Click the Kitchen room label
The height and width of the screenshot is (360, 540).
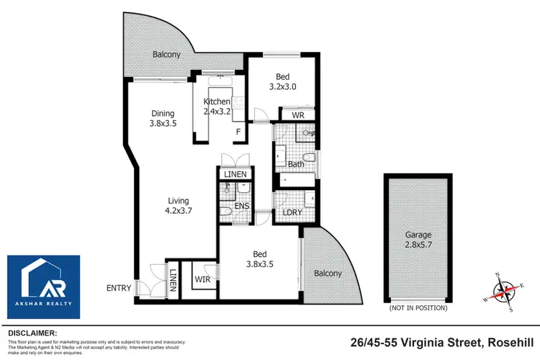pyautogui.click(x=217, y=102)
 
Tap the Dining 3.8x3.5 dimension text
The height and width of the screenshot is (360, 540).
pyautogui.click(x=163, y=123)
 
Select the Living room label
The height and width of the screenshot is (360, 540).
pyautogui.click(x=179, y=200)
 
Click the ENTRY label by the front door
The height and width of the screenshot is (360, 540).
pyautogui.click(x=119, y=288)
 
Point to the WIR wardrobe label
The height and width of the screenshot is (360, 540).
pyautogui.click(x=202, y=279)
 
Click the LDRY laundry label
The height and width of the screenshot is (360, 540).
pyautogui.click(x=292, y=212)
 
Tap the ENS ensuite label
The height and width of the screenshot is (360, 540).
pyautogui.click(x=242, y=206)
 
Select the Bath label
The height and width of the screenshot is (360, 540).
pyautogui.click(x=296, y=164)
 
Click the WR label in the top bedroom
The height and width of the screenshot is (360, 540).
pyautogui.click(x=298, y=115)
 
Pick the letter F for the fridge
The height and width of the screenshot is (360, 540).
pyautogui.click(x=238, y=132)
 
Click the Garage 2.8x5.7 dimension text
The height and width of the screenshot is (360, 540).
pyautogui.click(x=418, y=245)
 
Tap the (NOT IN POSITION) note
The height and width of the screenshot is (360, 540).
pyautogui.click(x=418, y=308)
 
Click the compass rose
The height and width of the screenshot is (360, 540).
pyautogui.click(x=504, y=292)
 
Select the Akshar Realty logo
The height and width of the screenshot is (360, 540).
pyautogui.click(x=44, y=287)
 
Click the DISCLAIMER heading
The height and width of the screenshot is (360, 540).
pyautogui.click(x=32, y=333)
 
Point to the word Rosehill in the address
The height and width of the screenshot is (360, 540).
pyautogui.click(x=511, y=343)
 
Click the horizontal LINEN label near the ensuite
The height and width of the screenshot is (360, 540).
pyautogui.click(x=235, y=174)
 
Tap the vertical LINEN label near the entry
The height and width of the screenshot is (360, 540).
pyautogui.click(x=173, y=280)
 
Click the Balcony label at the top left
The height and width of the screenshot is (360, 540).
pyautogui.click(x=167, y=55)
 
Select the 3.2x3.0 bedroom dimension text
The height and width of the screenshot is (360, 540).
pyautogui.click(x=283, y=86)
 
